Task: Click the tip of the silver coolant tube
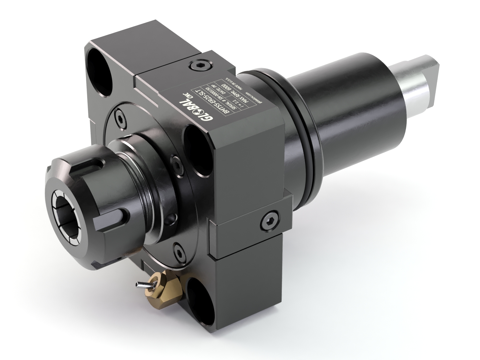coord(137,284)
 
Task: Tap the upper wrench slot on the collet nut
coord(95,166)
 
